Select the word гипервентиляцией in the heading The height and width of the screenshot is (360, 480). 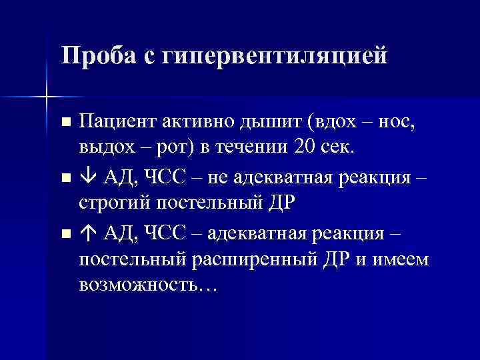point(279,55)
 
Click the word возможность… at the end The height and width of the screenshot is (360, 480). point(147,285)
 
